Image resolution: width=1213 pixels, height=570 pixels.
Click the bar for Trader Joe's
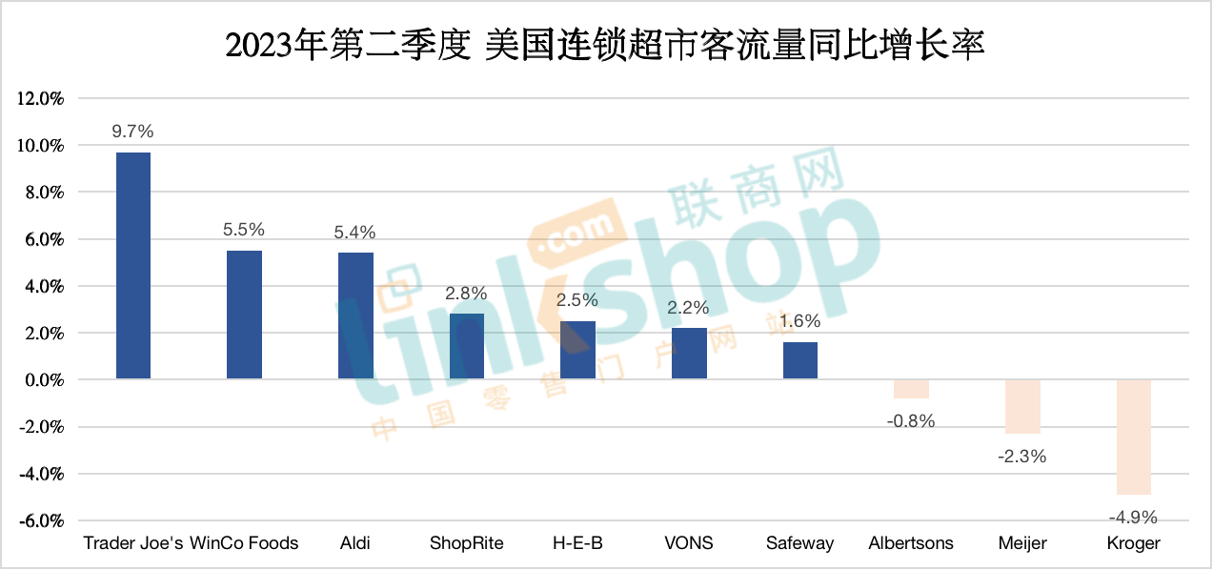tap(132, 266)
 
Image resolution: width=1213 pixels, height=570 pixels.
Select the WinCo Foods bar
tap(244, 315)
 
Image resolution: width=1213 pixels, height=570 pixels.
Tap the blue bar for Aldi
tap(355, 316)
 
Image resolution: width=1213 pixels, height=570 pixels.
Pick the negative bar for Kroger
tap(1134, 437)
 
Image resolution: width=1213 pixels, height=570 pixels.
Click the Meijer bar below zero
tap(1022, 406)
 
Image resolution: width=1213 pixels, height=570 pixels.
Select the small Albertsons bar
tap(911, 389)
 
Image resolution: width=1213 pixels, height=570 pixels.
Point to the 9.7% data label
tap(132, 132)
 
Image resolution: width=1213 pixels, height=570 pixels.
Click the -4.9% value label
tap(1133, 518)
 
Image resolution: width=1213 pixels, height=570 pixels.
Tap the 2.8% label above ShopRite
tap(466, 294)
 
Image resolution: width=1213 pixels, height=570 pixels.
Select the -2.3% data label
tap(1022, 457)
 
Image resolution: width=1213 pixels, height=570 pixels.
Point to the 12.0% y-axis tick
tap(39, 98)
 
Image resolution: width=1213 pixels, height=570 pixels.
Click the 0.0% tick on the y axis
tap(42, 380)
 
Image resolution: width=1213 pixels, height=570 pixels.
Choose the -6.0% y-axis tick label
tap(39, 521)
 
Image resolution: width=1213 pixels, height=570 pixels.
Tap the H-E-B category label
tap(577, 543)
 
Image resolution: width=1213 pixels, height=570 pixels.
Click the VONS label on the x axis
tap(689, 543)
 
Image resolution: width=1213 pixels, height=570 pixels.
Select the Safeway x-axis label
tap(799, 543)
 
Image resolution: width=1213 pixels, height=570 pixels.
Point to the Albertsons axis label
tap(911, 543)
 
